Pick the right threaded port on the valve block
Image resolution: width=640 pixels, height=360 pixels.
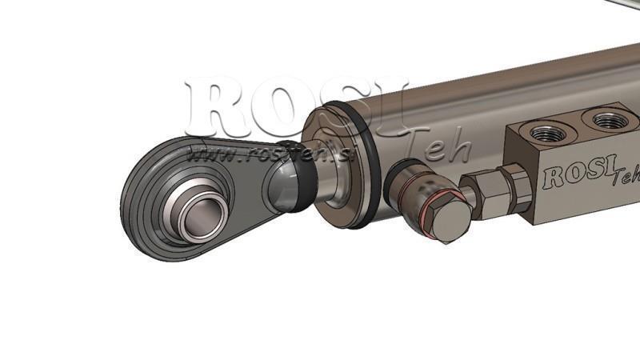(610, 121)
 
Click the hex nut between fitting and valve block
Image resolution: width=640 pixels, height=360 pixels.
(486, 193)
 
